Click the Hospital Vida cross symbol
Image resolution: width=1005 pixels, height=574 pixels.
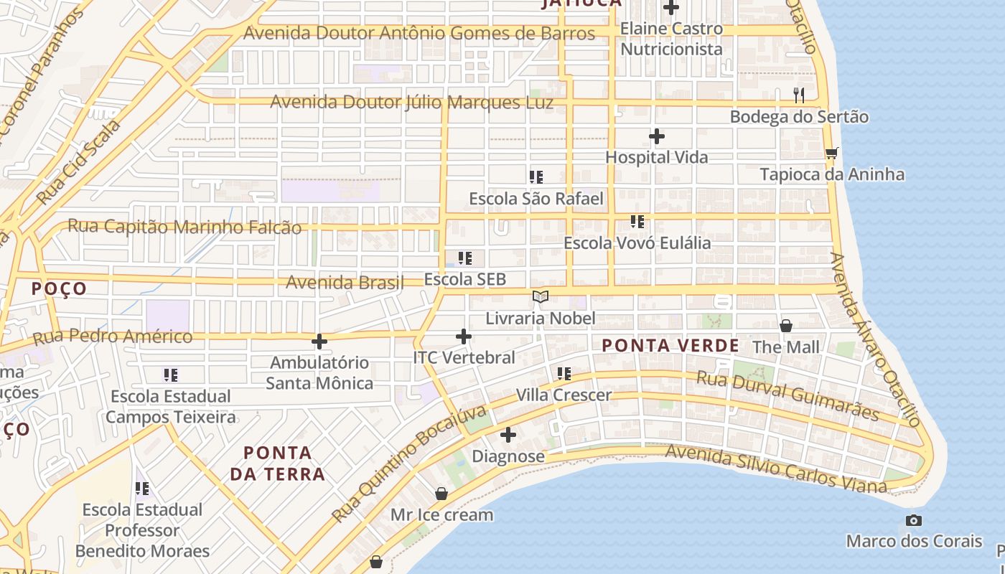coord(656,136)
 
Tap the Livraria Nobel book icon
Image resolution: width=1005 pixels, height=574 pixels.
coord(541,296)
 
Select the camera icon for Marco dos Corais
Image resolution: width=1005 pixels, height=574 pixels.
coord(913,520)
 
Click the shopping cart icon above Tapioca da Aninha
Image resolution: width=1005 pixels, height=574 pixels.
coord(831,153)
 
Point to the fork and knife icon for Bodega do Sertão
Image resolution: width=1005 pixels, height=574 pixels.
coord(798,95)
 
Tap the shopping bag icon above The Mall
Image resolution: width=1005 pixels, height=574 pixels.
coord(786,326)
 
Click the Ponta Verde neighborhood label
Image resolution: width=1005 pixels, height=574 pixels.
coord(670,346)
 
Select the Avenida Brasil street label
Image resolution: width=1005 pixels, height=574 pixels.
coord(345,282)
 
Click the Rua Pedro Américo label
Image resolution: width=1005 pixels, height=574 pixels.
coord(113,336)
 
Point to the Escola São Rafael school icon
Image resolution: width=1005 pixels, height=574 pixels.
coord(536,177)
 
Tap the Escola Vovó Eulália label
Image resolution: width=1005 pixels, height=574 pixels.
coord(637,243)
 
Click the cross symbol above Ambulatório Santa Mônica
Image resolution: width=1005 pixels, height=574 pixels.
coord(319,342)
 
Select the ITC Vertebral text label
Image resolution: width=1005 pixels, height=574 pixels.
coord(464,357)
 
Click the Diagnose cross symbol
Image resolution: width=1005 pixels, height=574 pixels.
coord(508,435)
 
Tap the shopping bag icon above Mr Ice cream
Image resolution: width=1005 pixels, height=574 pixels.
coord(441,494)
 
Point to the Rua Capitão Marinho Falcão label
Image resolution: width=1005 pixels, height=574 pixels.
coord(184,227)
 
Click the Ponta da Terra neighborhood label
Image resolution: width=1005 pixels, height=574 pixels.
coord(278,464)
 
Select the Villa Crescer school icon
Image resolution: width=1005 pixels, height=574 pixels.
coord(564,374)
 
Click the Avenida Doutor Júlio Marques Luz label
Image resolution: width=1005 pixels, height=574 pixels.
coord(411,103)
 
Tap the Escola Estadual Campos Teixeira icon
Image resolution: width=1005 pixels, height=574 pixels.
coord(170,375)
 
